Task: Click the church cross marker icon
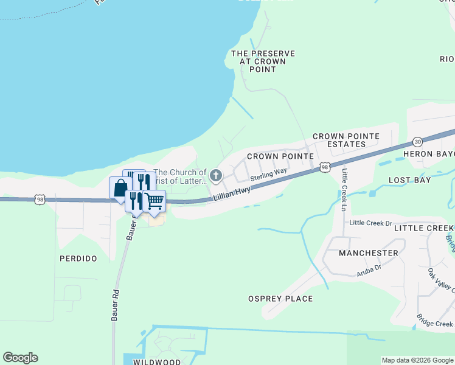[215, 176]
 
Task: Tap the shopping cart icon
[155, 200]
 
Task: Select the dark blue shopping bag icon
[120, 187]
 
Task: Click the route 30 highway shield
[417, 142]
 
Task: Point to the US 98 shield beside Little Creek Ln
[325, 167]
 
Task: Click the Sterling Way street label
[268, 175]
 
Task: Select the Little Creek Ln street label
[344, 189]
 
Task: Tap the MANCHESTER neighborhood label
[369, 252]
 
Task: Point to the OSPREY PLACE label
[280, 299]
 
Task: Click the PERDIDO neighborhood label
[78, 259]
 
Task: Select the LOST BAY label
[409, 180]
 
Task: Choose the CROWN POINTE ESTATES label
[346, 140]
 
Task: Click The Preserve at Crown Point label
[263, 61]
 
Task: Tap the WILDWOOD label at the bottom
[157, 362]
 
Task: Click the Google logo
[20, 358]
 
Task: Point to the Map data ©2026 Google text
[417, 360]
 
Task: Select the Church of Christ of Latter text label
[180, 176]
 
